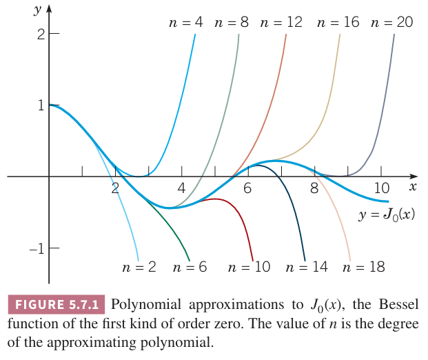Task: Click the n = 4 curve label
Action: click(186, 22)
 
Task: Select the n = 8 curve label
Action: click(232, 22)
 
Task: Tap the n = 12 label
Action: click(281, 22)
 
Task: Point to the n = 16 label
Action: click(338, 22)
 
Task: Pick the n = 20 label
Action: click(391, 22)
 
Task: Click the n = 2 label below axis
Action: click(139, 267)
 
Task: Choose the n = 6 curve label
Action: click(190, 267)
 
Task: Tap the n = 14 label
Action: click(309, 267)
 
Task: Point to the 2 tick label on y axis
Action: click(40, 33)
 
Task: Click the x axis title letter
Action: click(413, 186)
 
